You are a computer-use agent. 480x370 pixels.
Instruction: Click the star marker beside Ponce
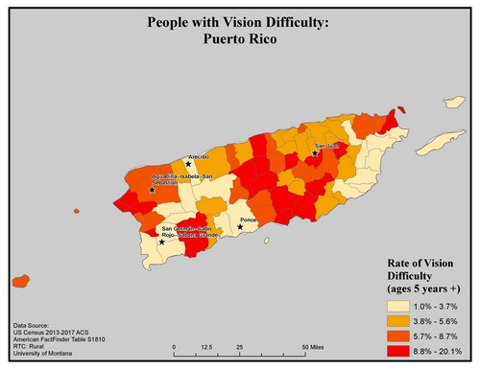[240, 227]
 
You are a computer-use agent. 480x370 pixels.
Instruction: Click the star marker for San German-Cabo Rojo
[161, 242]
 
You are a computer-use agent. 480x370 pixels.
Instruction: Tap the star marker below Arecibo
[188, 164]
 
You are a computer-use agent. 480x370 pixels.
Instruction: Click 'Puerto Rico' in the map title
[239, 39]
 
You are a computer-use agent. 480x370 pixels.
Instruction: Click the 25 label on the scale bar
[239, 347]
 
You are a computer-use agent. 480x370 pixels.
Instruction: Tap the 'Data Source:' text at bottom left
[34, 326]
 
